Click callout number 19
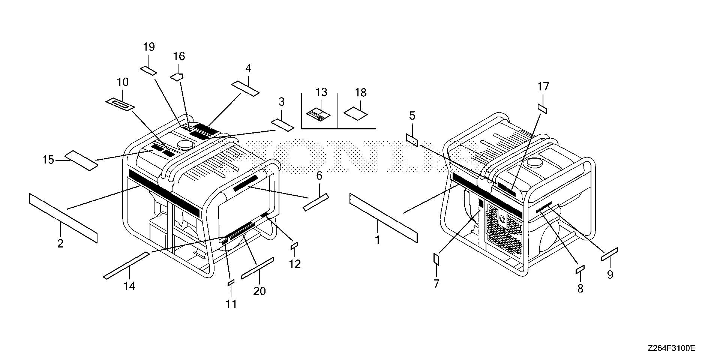click(x=149, y=47)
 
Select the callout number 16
click(x=179, y=57)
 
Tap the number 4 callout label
click(x=248, y=69)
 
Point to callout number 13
click(x=321, y=92)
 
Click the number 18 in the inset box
click(x=361, y=93)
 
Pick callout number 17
click(x=543, y=87)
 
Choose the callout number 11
click(x=231, y=304)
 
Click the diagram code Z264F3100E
click(x=671, y=348)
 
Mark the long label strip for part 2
click(x=63, y=218)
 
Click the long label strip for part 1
click(x=383, y=217)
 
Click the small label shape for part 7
click(x=436, y=258)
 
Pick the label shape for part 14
click(x=126, y=266)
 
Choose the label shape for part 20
click(x=258, y=268)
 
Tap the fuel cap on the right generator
click(x=533, y=163)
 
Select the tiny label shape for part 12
click(x=294, y=245)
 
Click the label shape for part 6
click(x=315, y=202)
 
